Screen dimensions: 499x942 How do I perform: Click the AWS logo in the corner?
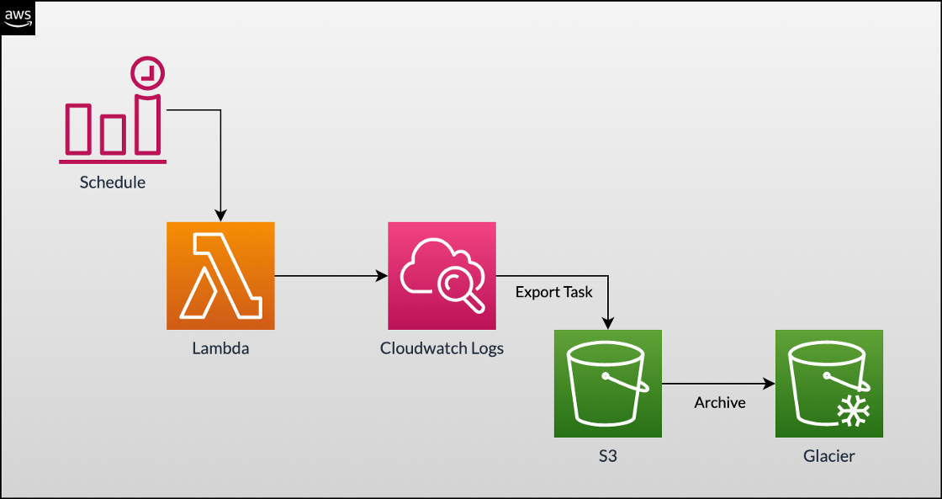click(x=18, y=18)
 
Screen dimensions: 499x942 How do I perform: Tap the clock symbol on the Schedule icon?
click(x=148, y=74)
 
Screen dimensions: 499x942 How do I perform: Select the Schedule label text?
click(x=113, y=182)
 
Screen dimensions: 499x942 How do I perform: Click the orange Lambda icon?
click(x=220, y=275)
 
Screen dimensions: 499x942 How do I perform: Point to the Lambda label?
click(x=220, y=348)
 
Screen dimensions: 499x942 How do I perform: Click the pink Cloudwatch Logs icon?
click(x=442, y=275)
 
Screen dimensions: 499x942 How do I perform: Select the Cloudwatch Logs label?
click(x=442, y=348)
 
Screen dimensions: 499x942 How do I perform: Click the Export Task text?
click(x=554, y=292)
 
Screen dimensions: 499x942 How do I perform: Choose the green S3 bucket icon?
click(x=608, y=384)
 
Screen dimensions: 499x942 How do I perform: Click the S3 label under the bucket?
click(x=608, y=456)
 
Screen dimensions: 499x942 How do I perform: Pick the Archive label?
click(x=720, y=402)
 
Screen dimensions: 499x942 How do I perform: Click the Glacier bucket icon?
click(x=829, y=384)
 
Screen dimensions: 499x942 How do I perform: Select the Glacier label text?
click(x=829, y=456)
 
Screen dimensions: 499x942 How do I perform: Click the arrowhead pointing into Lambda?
click(x=220, y=216)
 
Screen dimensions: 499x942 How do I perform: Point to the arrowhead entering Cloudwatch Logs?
click(x=381, y=275)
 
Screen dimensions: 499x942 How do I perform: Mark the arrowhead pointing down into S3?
click(x=608, y=323)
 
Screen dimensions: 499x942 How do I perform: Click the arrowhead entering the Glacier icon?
click(x=769, y=384)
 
